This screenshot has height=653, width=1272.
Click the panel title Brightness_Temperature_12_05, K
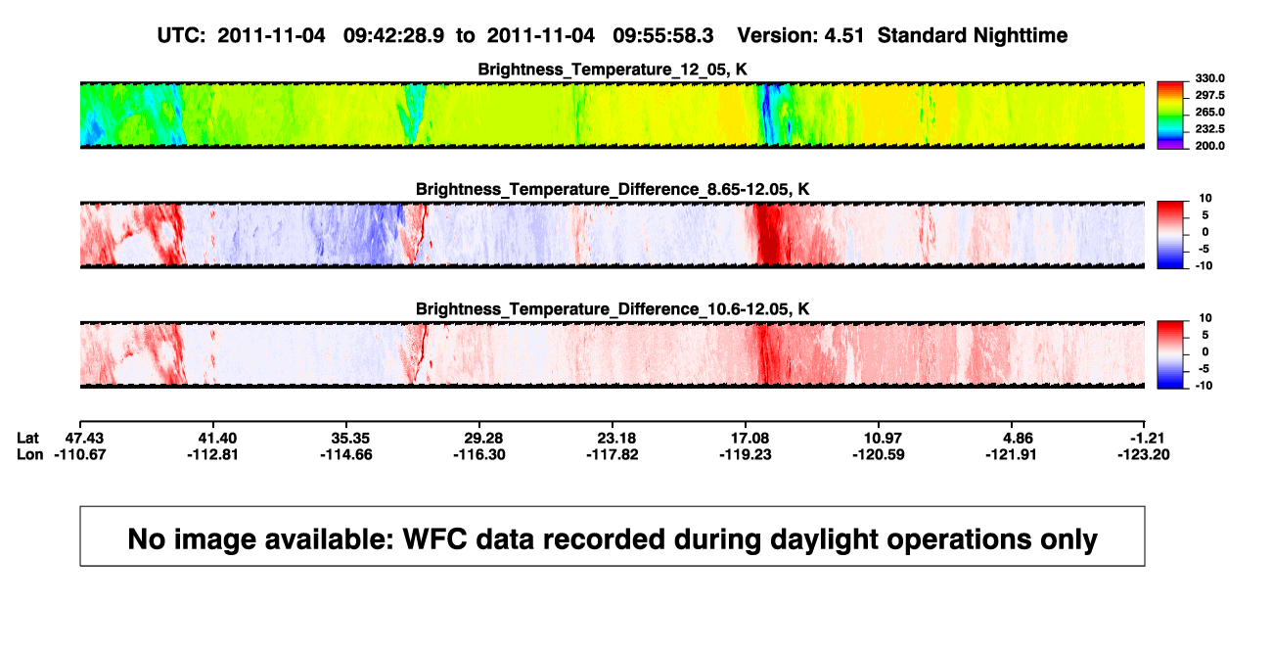[613, 70]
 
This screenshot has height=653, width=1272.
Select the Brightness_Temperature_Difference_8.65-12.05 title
[613, 189]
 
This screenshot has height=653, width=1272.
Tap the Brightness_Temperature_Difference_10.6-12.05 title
[613, 309]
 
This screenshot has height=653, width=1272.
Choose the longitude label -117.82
[613, 454]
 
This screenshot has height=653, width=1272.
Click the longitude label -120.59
[879, 454]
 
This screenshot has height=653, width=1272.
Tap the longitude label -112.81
[213, 454]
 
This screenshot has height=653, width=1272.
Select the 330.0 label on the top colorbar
[1209, 78]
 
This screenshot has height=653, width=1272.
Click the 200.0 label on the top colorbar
[1209, 146]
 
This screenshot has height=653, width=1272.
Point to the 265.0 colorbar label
[1209, 112]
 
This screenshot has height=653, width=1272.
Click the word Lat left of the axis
[27, 439]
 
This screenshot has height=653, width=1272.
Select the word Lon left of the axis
[30, 454]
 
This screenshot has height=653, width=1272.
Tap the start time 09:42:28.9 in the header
[393, 36]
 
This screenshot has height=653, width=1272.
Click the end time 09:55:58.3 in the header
[663, 36]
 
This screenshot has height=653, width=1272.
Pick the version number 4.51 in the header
[843, 36]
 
